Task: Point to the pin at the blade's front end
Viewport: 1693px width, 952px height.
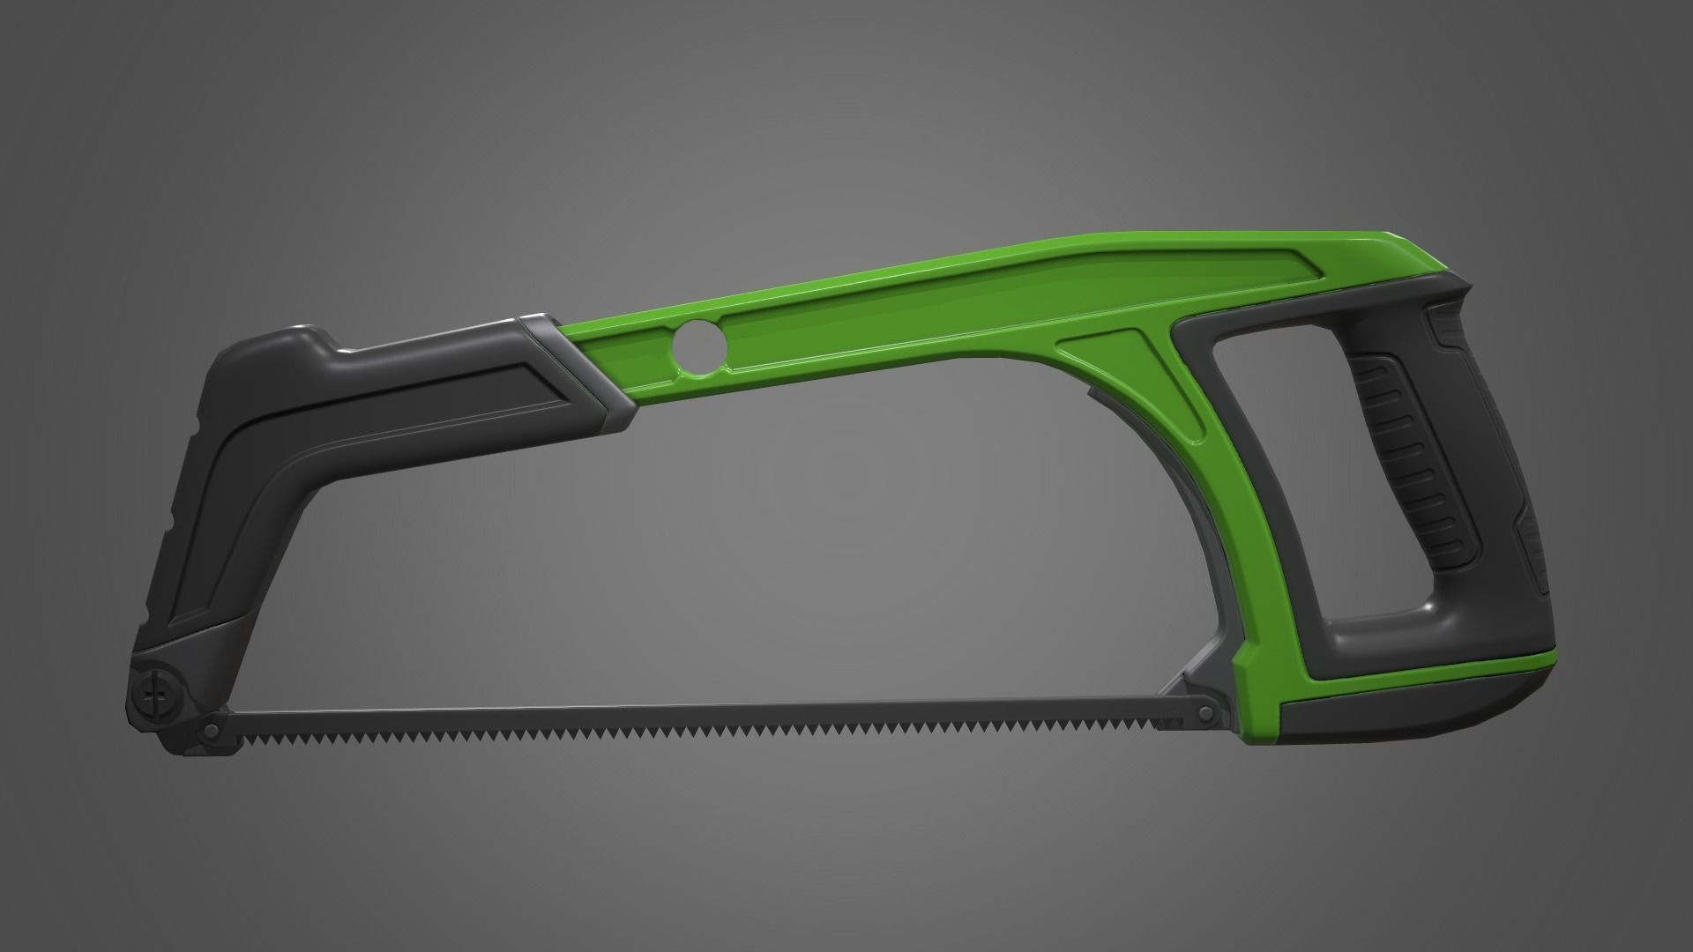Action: point(212,705)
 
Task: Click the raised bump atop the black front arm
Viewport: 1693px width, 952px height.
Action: point(300,339)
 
